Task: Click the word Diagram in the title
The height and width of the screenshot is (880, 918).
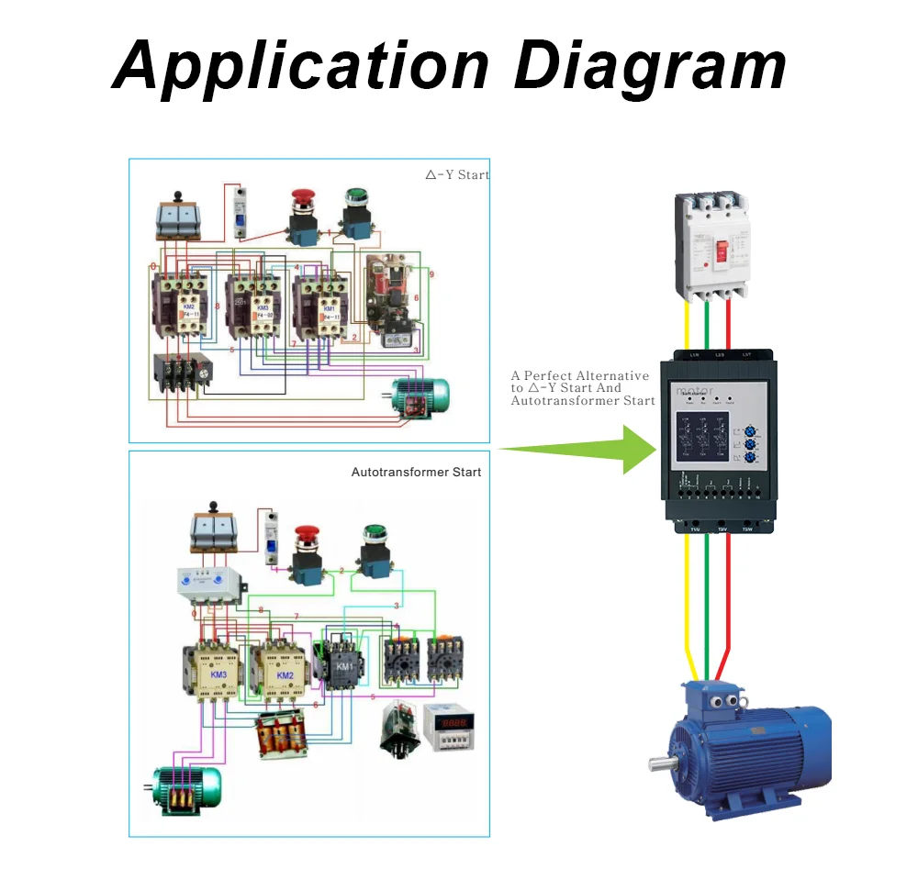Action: pyautogui.click(x=650, y=67)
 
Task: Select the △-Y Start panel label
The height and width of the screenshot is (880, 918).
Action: pyautogui.click(x=457, y=174)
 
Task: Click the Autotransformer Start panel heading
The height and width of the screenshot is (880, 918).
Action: pyautogui.click(x=416, y=472)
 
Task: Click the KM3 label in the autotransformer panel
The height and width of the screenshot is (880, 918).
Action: pyautogui.click(x=218, y=674)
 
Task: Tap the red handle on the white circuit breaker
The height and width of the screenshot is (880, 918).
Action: pyautogui.click(x=722, y=250)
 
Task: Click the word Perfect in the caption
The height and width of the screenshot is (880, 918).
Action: pyautogui.click(x=560, y=375)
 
